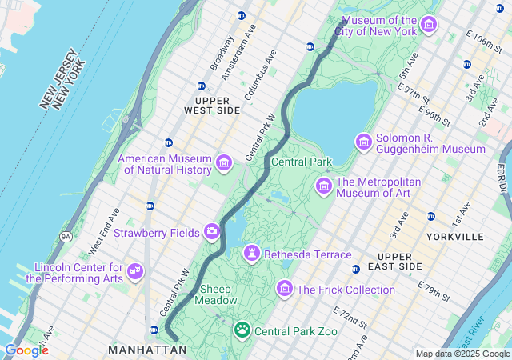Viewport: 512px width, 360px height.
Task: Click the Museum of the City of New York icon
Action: (428, 25)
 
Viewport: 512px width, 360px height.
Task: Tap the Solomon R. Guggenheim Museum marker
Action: (364, 142)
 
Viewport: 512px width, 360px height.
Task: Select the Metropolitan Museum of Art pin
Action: (324, 186)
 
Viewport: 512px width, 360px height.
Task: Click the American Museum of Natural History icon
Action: (223, 164)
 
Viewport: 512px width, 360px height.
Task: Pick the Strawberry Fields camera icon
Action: (212, 232)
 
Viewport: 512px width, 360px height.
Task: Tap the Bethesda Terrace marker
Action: (252, 254)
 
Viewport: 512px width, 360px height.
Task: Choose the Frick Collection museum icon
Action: (285, 289)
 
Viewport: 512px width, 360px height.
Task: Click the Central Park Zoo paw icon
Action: (242, 330)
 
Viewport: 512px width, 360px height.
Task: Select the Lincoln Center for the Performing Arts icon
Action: (135, 272)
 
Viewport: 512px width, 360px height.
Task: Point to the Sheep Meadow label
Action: (218, 294)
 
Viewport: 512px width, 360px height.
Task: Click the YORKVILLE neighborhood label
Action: (455, 237)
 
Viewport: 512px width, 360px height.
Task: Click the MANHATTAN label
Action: (147, 350)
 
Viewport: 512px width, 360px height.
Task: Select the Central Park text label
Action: (302, 162)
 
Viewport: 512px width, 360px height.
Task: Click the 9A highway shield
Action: (66, 236)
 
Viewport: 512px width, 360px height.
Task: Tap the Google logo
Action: (26, 350)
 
